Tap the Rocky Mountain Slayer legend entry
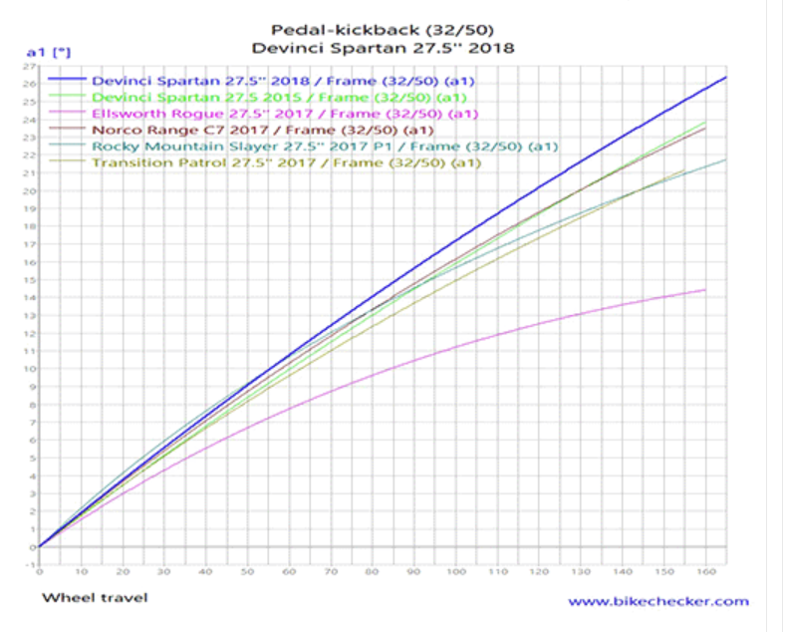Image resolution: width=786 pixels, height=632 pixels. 324,147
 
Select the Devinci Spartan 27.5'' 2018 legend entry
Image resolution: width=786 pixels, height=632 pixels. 282,80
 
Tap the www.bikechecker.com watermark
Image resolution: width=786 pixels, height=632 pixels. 658,601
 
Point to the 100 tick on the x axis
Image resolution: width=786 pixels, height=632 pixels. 455,572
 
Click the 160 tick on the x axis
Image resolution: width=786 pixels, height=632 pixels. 705,572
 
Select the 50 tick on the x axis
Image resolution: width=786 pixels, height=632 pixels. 248,572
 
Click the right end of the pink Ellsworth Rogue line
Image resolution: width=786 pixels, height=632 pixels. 705,290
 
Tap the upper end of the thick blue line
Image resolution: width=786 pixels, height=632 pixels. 725,77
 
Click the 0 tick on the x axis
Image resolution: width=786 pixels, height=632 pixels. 40,572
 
